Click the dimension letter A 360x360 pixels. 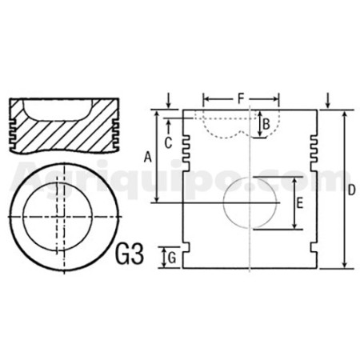(x=147, y=157)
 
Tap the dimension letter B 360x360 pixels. (x=266, y=124)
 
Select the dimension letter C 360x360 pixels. (x=168, y=143)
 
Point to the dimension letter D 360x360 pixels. (x=352, y=190)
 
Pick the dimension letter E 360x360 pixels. (x=300, y=203)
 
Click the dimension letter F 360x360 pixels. (x=241, y=99)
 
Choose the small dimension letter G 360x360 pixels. (x=172, y=258)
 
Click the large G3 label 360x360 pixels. (x=130, y=254)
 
